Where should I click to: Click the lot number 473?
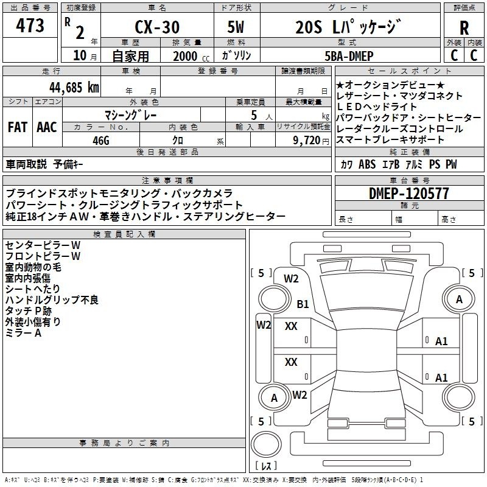click(30, 26)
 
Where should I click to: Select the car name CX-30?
click(157, 27)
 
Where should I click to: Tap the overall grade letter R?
click(464, 28)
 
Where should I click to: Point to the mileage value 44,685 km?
click(74, 88)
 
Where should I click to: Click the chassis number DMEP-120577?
click(409, 194)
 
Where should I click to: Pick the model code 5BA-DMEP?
click(349, 56)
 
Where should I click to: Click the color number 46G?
click(101, 141)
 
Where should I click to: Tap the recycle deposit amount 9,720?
click(307, 141)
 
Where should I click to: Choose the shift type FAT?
click(18, 127)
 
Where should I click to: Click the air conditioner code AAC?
click(47, 127)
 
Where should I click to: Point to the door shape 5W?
click(236, 27)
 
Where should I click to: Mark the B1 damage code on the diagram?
click(303, 304)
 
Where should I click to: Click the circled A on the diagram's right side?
click(459, 299)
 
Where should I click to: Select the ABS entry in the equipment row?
click(367, 164)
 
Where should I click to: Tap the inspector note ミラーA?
click(23, 333)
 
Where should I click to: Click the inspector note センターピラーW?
click(43, 245)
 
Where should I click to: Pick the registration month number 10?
click(80, 55)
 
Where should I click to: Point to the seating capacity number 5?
click(254, 115)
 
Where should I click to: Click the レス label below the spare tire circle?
click(266, 466)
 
